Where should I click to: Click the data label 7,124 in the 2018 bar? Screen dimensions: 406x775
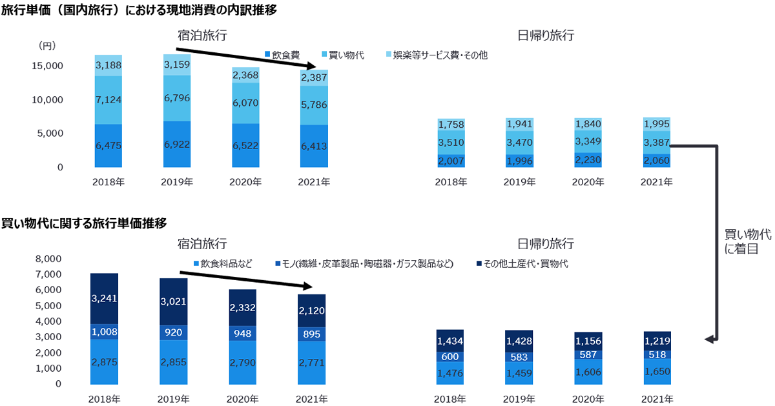(x=108, y=100)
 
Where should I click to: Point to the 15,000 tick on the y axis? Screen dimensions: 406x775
(x=46, y=66)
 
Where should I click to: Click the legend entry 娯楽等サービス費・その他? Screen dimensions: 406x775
(x=440, y=55)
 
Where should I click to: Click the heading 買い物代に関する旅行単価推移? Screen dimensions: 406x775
(x=85, y=223)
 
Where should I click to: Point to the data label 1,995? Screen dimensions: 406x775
(x=656, y=125)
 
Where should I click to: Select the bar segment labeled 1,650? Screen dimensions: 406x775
(x=656, y=372)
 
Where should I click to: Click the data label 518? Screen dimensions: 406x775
(x=656, y=354)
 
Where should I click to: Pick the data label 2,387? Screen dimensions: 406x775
(x=313, y=78)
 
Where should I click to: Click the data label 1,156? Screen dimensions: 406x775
(x=588, y=341)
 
